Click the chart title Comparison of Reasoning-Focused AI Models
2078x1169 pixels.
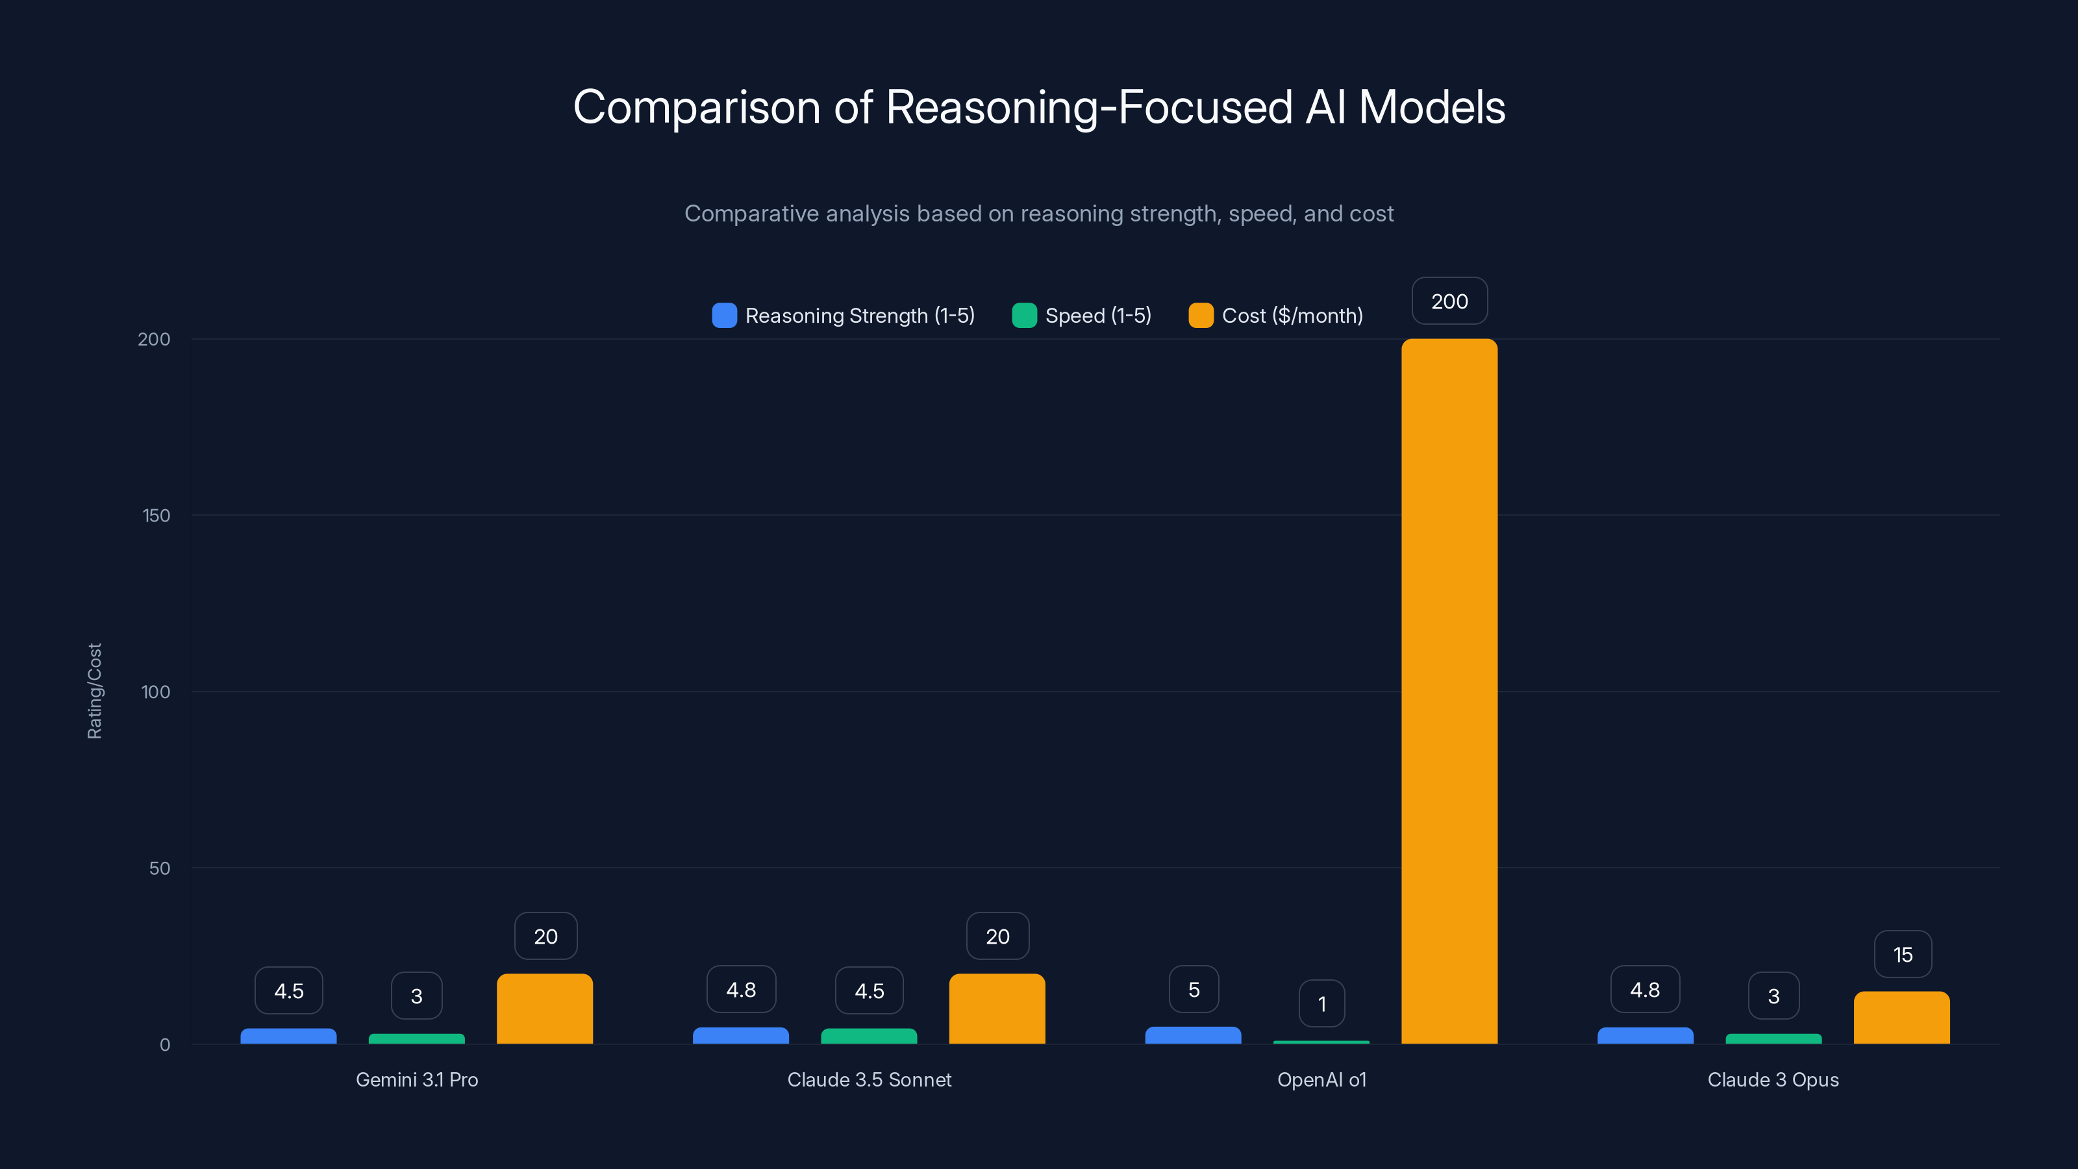[1039, 107]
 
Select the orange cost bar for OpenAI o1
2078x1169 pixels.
[1449, 692]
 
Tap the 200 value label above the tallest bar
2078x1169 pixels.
[1449, 301]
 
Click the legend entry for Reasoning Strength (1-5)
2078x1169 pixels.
[843, 316]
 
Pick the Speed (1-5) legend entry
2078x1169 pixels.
[1082, 316]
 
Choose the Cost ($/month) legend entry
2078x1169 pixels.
[1275, 316]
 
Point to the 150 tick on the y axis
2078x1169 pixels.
[156, 516]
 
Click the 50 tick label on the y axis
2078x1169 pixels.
[160, 868]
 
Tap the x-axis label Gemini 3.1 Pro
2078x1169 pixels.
[416, 1079]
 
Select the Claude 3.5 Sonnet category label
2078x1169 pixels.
[869, 1079]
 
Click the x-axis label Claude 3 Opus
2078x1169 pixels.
[1773, 1079]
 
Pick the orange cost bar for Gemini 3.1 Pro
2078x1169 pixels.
[545, 1009]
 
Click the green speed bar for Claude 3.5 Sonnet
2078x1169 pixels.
[869, 1036]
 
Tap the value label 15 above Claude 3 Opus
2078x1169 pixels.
[1902, 955]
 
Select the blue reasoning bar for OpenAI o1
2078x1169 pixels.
[1193, 1035]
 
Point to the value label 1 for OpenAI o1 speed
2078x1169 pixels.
[1321, 1003]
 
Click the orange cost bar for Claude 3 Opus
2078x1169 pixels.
[1901, 1018]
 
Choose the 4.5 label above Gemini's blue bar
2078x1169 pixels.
[289, 990]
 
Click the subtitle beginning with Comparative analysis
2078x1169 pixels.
[1039, 214]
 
